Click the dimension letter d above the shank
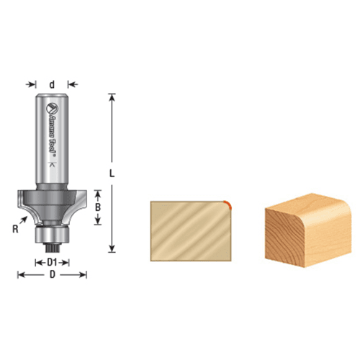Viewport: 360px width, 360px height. [x=52, y=84]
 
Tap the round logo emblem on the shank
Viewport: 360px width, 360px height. [x=52, y=109]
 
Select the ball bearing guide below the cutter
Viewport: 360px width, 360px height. [x=52, y=232]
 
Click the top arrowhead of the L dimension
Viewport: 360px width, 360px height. [x=112, y=96]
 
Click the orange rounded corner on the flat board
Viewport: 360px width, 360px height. [x=227, y=203]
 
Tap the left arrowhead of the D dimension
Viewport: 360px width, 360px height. [x=19, y=274]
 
